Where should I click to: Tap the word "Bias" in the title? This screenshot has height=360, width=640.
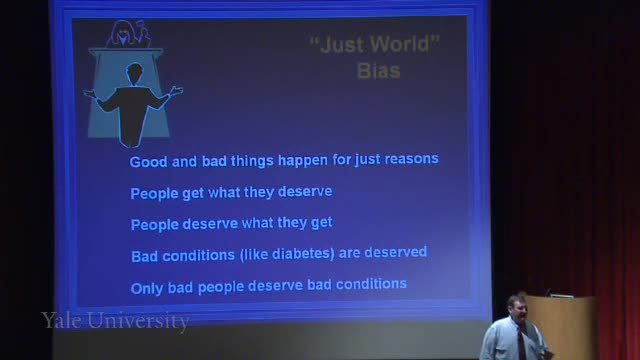[379, 71]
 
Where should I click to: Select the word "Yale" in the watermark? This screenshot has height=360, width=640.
[61, 320]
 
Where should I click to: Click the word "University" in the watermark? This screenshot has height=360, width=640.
[138, 321]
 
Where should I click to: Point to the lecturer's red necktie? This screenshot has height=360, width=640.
[521, 345]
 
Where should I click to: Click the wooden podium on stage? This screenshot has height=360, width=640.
[562, 327]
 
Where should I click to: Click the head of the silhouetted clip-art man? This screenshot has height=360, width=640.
[134, 73]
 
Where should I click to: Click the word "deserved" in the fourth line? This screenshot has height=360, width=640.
[396, 252]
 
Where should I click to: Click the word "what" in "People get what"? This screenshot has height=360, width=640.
[224, 192]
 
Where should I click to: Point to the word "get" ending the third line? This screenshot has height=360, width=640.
[322, 223]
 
